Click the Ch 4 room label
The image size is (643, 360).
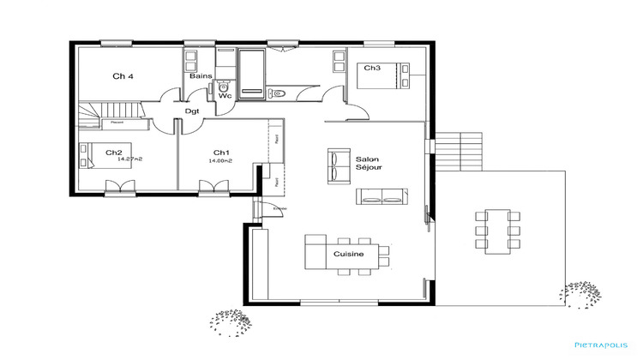click(x=123, y=76)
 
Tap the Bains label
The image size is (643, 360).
click(x=201, y=76)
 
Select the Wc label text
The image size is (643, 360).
click(x=225, y=96)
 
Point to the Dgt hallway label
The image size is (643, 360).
click(x=192, y=111)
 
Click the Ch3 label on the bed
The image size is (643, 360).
click(x=371, y=68)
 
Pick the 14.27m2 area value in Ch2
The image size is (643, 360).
click(x=129, y=159)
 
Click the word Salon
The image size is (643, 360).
click(x=367, y=159)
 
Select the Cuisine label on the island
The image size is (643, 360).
click(x=349, y=255)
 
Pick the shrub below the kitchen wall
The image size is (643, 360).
click(x=231, y=321)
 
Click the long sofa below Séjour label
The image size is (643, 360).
click(x=381, y=196)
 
